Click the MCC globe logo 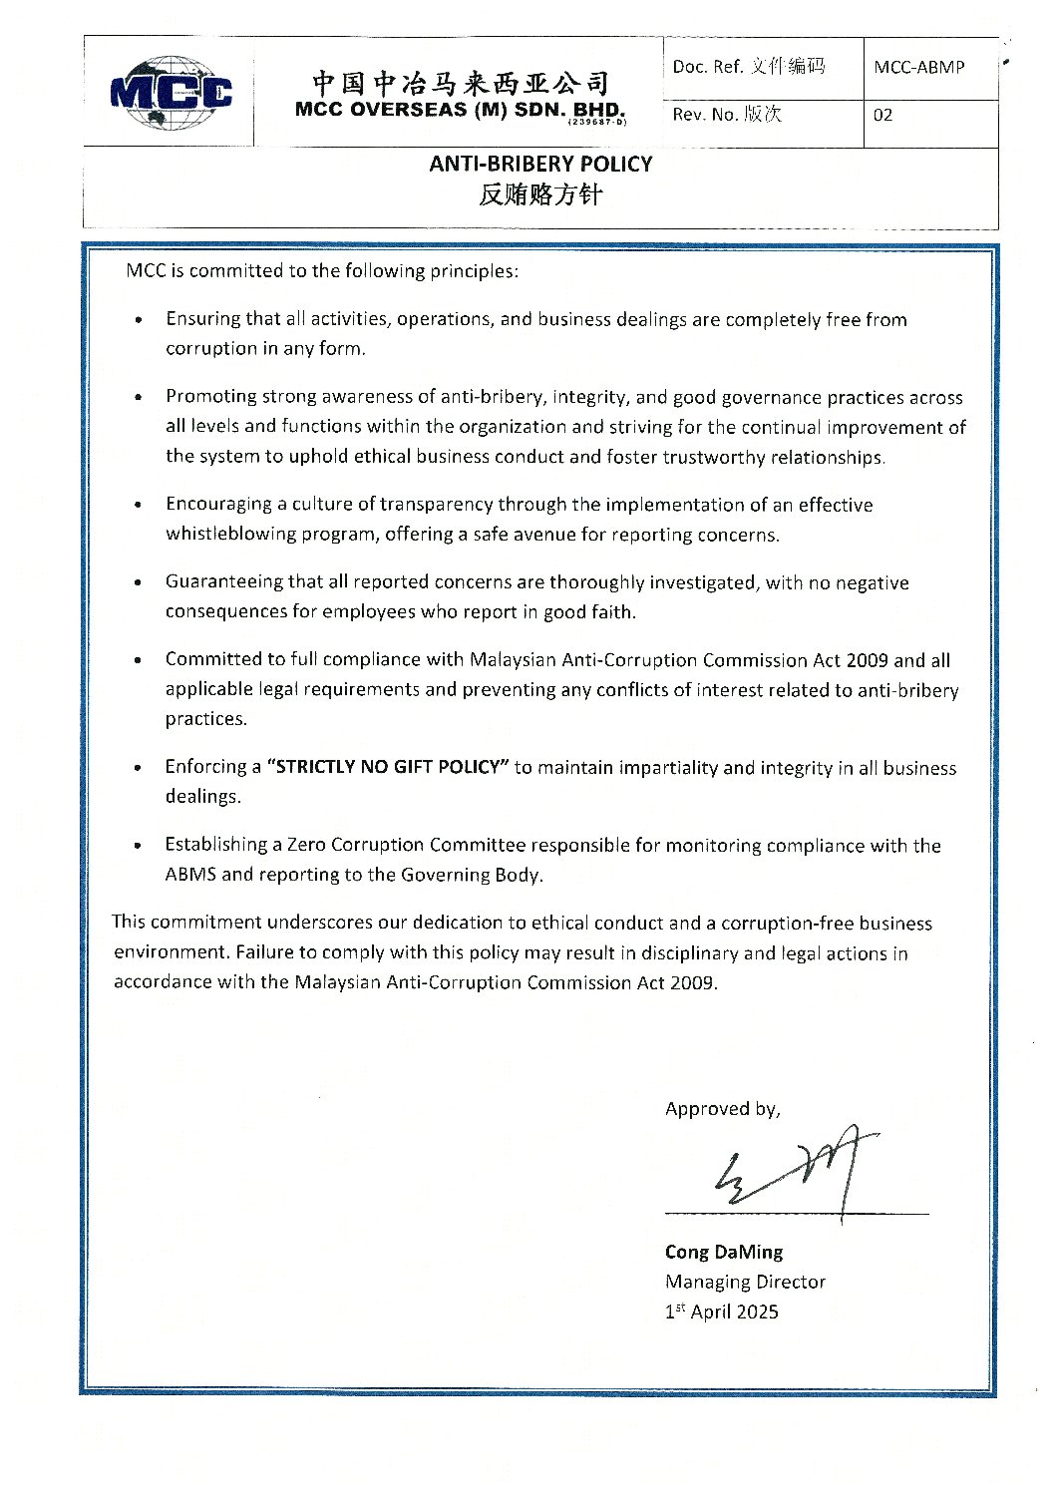point(171,93)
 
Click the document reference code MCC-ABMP point(918,68)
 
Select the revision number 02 point(883,116)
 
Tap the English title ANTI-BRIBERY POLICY point(540,165)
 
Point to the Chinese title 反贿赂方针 point(540,195)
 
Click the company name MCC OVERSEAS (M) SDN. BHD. point(460,111)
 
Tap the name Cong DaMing point(724,1253)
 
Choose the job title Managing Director point(745,1283)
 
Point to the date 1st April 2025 point(721,1312)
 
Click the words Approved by point(722,1109)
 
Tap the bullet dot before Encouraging point(138,505)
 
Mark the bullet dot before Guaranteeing point(138,582)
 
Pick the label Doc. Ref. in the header point(707,67)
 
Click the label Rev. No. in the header point(704,116)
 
